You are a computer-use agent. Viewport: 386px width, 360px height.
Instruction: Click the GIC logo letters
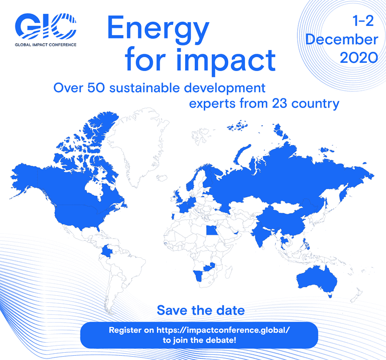pyautogui.click(x=46, y=26)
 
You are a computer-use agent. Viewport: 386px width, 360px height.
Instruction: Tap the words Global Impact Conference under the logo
pyautogui.click(x=46, y=45)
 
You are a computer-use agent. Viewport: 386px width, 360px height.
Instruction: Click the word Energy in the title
pyautogui.click(x=158, y=30)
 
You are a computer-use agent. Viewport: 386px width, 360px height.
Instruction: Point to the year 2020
pyautogui.click(x=359, y=58)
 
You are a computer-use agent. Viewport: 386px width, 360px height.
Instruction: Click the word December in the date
pyautogui.click(x=342, y=39)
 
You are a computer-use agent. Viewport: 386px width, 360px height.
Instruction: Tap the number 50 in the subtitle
pyautogui.click(x=96, y=88)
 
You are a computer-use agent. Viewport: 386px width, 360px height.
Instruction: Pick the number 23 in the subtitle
pyautogui.click(x=280, y=104)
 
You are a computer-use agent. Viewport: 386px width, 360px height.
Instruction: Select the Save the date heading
pyautogui.click(x=201, y=310)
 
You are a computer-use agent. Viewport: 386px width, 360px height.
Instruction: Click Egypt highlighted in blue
pyautogui.click(x=211, y=231)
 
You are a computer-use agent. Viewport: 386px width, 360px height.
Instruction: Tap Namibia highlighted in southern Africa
pyautogui.click(x=198, y=276)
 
